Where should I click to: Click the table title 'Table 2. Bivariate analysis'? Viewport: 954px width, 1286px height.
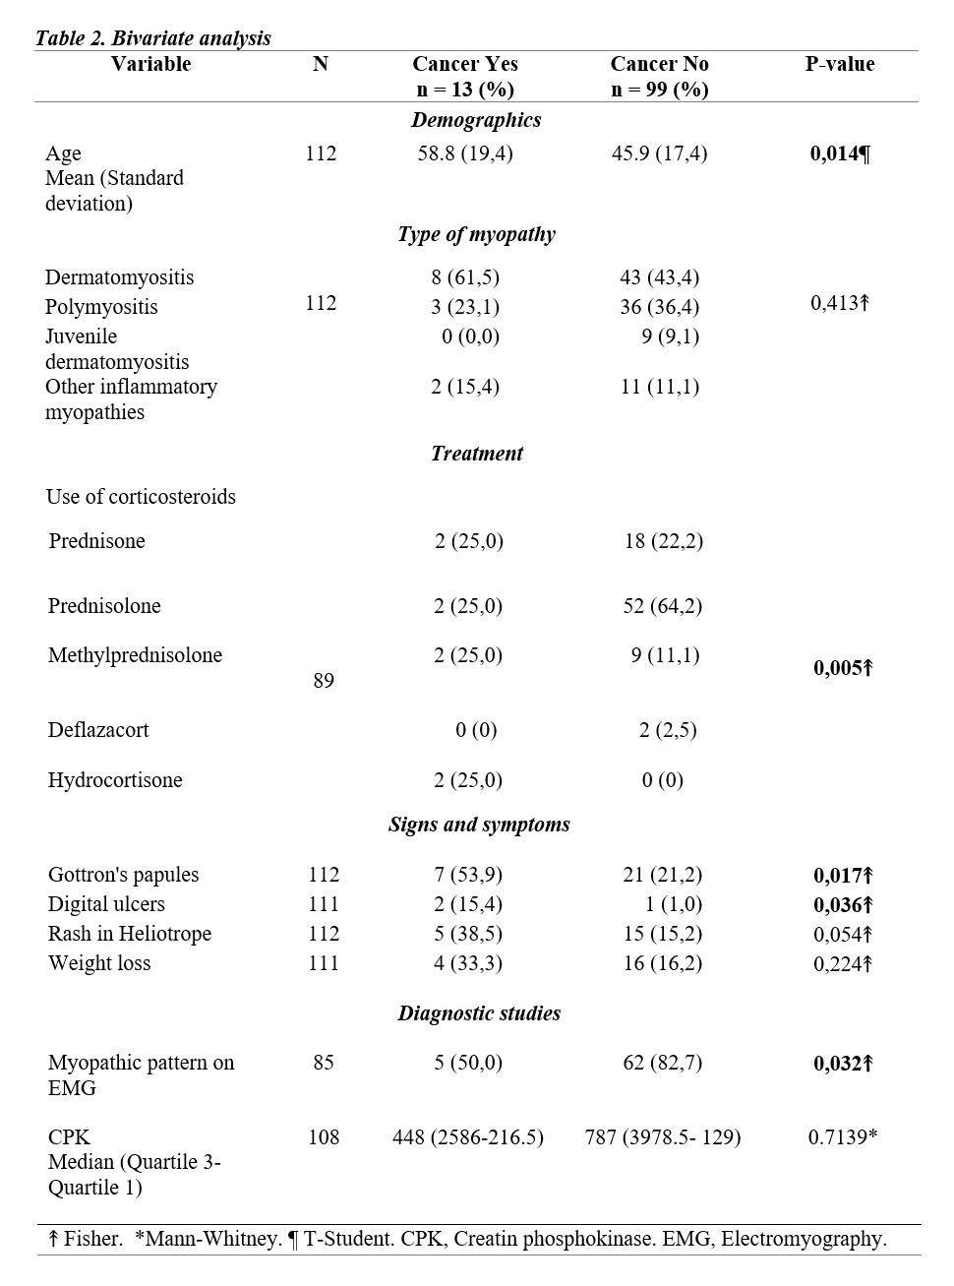pos(152,38)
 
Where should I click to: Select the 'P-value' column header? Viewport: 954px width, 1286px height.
pos(839,64)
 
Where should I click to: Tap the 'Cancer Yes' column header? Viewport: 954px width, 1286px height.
pos(464,64)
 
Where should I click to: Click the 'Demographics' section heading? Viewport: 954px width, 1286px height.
pos(476,120)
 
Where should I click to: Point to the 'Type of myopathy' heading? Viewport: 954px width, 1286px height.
pos(476,234)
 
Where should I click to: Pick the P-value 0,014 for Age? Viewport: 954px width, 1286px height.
pos(839,153)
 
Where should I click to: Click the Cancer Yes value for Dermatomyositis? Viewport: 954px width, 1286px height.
pos(464,277)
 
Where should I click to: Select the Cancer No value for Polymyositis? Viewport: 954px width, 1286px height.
pos(659,307)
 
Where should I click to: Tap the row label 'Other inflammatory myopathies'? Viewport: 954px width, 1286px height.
pos(131,398)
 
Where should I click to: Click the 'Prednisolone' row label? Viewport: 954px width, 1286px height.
pos(104,606)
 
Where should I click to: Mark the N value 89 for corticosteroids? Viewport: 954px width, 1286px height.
pos(324,681)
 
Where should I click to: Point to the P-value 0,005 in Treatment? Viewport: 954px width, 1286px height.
pos(843,669)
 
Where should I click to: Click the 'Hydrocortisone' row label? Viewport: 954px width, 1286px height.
pos(115,780)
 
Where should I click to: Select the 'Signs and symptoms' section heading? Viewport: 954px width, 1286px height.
pos(479,825)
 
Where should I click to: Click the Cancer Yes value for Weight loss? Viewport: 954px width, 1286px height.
pos(467,963)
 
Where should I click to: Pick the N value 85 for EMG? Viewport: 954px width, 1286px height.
pos(324,1063)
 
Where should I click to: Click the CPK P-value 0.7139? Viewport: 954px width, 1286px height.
pos(842,1137)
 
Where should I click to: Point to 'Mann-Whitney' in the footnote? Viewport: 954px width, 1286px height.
pos(212,1239)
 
